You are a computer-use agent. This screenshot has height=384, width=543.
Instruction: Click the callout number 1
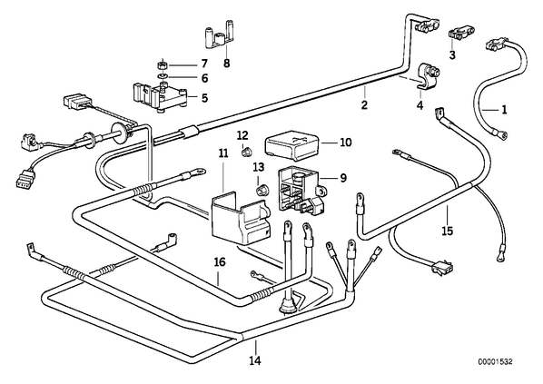click(x=504, y=110)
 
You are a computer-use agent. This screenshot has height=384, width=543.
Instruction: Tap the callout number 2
click(x=363, y=104)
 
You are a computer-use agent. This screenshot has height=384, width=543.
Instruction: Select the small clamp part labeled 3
click(x=460, y=34)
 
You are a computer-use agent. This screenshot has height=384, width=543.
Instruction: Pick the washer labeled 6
click(x=162, y=76)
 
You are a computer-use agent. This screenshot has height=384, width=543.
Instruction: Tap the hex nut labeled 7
click(x=162, y=64)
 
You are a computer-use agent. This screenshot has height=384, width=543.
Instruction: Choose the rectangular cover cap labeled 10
click(x=293, y=145)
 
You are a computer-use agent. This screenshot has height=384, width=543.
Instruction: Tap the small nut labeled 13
click(x=261, y=190)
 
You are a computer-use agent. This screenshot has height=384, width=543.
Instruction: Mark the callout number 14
click(x=255, y=360)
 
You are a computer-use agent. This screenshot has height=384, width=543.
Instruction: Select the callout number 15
click(x=448, y=231)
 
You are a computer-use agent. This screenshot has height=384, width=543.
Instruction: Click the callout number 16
click(x=220, y=261)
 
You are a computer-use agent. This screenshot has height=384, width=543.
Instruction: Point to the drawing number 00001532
click(x=495, y=362)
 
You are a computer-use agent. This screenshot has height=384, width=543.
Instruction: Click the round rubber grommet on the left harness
click(x=121, y=131)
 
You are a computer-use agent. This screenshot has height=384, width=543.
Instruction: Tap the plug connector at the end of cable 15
click(x=442, y=269)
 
